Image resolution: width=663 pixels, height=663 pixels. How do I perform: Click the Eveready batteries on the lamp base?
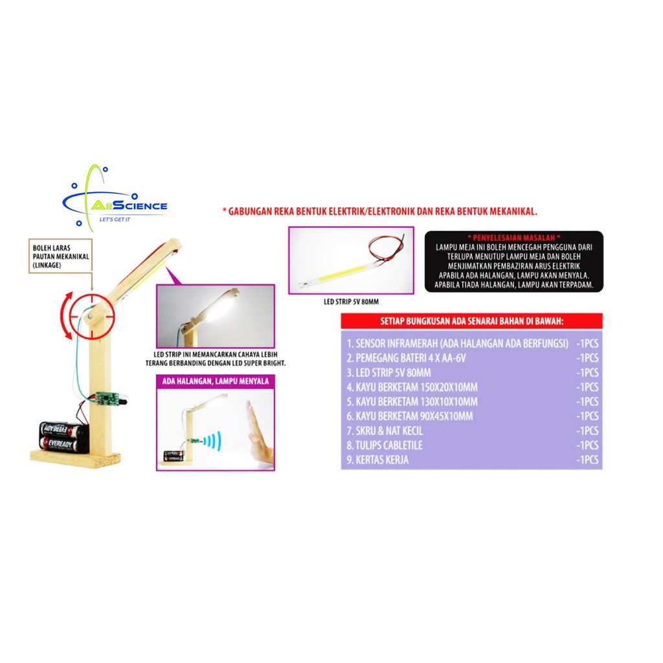pos(63,436)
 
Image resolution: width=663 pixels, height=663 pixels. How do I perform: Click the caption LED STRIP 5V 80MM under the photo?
pos(350,301)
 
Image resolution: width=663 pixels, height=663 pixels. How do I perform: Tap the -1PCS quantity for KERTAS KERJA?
pos(587,460)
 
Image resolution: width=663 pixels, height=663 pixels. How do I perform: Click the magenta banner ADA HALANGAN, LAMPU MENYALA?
pos(214,381)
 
